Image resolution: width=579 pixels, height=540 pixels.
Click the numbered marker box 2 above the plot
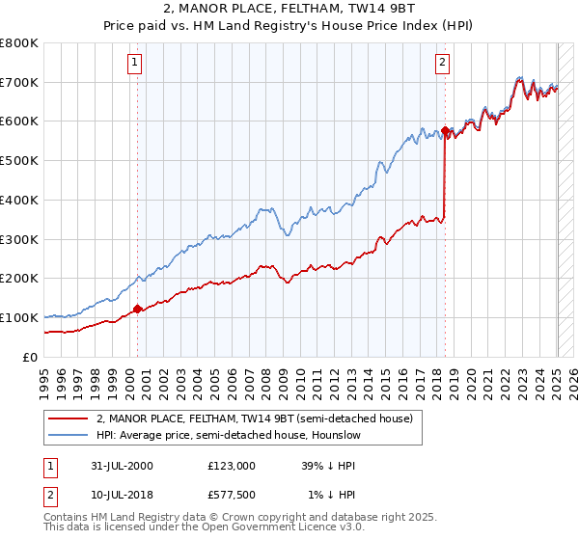[x=442, y=65]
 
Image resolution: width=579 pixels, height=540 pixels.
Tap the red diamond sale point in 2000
[x=137, y=309]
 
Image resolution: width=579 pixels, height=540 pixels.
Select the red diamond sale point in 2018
[x=445, y=129]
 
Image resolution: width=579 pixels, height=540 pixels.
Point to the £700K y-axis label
[x=19, y=82]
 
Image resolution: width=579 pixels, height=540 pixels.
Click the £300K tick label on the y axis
[x=19, y=239]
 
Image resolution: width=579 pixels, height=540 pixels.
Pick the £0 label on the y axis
[x=29, y=357]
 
